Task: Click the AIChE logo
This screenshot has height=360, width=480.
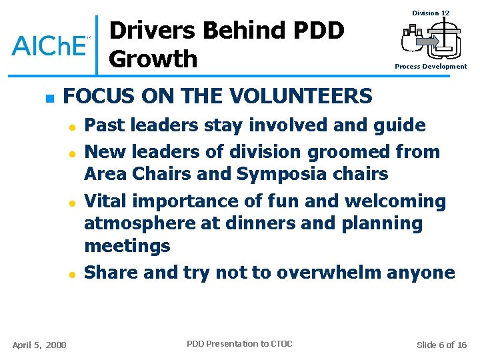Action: (x=50, y=45)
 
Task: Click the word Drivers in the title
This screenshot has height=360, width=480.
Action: (x=153, y=31)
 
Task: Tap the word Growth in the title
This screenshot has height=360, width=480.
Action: (x=153, y=59)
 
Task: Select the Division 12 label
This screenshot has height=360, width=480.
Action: (x=431, y=13)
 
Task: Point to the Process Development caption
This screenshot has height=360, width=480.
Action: (x=431, y=67)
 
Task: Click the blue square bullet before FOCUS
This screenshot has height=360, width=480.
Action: (x=48, y=98)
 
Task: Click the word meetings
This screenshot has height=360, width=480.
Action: (x=127, y=246)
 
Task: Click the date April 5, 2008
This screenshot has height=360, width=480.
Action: (x=39, y=345)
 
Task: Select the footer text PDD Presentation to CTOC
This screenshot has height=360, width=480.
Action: (x=239, y=344)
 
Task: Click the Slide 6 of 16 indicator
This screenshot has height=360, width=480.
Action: (x=441, y=345)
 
